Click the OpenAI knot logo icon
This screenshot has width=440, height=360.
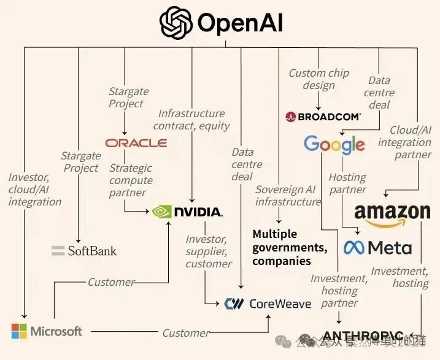[x=176, y=23]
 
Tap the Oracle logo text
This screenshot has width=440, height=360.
[x=136, y=143]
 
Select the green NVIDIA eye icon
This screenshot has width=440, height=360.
[x=162, y=212]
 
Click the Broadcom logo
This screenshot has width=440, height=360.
[x=323, y=116]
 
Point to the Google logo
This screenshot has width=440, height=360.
[x=334, y=145]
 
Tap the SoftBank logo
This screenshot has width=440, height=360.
[x=84, y=250]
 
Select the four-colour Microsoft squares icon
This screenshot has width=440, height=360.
[x=19, y=331]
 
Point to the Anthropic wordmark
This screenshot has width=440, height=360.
[x=362, y=336]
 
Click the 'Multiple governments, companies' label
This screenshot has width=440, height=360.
[x=289, y=247]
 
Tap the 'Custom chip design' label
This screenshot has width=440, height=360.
[x=318, y=79]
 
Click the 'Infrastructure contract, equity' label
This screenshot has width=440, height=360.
[x=191, y=120]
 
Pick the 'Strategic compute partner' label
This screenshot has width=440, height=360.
[x=131, y=180]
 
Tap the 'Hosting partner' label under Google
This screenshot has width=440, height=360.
[x=347, y=183]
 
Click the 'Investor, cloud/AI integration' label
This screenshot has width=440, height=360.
[x=34, y=190]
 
